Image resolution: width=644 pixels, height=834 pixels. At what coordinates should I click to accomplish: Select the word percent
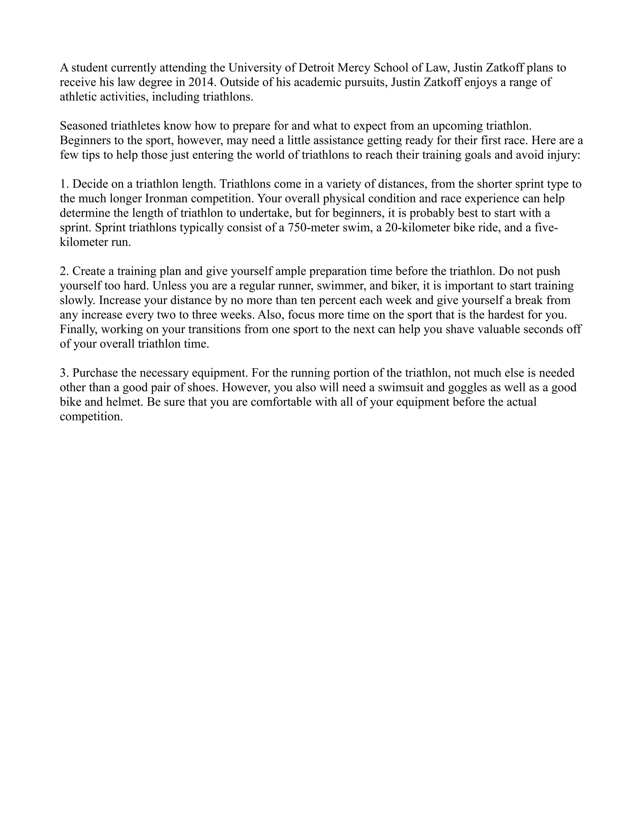337,300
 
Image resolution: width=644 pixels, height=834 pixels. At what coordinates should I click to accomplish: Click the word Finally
79,329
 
